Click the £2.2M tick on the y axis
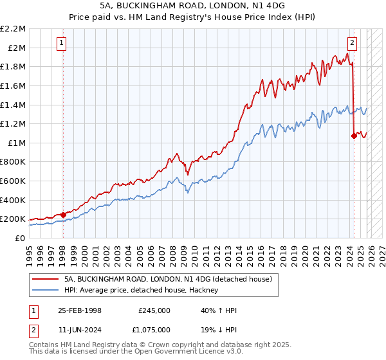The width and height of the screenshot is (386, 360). [13, 29]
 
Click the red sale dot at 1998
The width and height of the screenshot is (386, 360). [64, 215]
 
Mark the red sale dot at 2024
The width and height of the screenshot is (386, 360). [354, 136]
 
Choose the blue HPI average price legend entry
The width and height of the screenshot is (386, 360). [141, 291]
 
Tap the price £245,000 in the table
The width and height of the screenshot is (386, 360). [154, 310]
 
